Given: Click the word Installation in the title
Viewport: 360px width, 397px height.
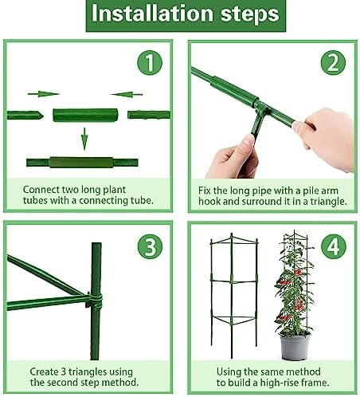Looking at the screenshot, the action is (x=152, y=14).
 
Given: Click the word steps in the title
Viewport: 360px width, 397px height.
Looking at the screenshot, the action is (x=250, y=14).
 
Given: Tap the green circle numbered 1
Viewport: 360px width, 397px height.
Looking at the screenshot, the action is (x=150, y=63).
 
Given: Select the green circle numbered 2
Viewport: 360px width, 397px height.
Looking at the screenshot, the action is (x=333, y=63).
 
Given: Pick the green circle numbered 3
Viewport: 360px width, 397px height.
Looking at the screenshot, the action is (x=150, y=246).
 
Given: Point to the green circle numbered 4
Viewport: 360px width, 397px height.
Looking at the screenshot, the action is (x=334, y=246).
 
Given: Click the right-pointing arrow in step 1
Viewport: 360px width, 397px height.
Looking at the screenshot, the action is (x=44, y=94).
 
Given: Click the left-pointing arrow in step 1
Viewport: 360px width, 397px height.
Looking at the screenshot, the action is (x=127, y=94).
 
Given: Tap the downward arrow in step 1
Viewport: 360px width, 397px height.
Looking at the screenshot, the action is (x=84, y=139).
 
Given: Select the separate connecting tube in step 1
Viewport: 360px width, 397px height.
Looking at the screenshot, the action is (x=85, y=115).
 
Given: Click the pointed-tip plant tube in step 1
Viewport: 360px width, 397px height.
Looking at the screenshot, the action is (x=25, y=116).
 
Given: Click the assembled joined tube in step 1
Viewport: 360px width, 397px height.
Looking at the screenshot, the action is (x=82, y=163).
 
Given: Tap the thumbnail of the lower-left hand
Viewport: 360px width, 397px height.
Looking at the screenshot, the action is (x=248, y=140).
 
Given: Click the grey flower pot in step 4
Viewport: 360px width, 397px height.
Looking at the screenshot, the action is (x=295, y=347).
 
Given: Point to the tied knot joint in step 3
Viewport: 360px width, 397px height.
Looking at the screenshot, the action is (x=94, y=301).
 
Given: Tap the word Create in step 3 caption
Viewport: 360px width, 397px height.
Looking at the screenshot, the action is (x=44, y=371).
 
